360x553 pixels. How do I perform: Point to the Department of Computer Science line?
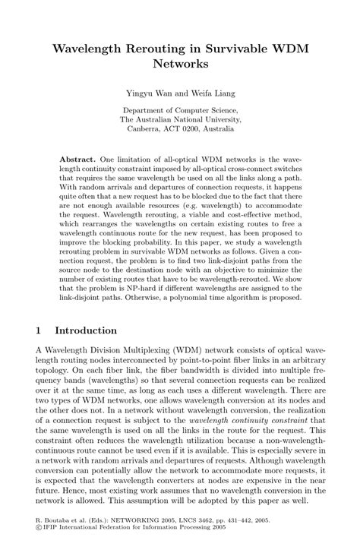pos(180,109)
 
